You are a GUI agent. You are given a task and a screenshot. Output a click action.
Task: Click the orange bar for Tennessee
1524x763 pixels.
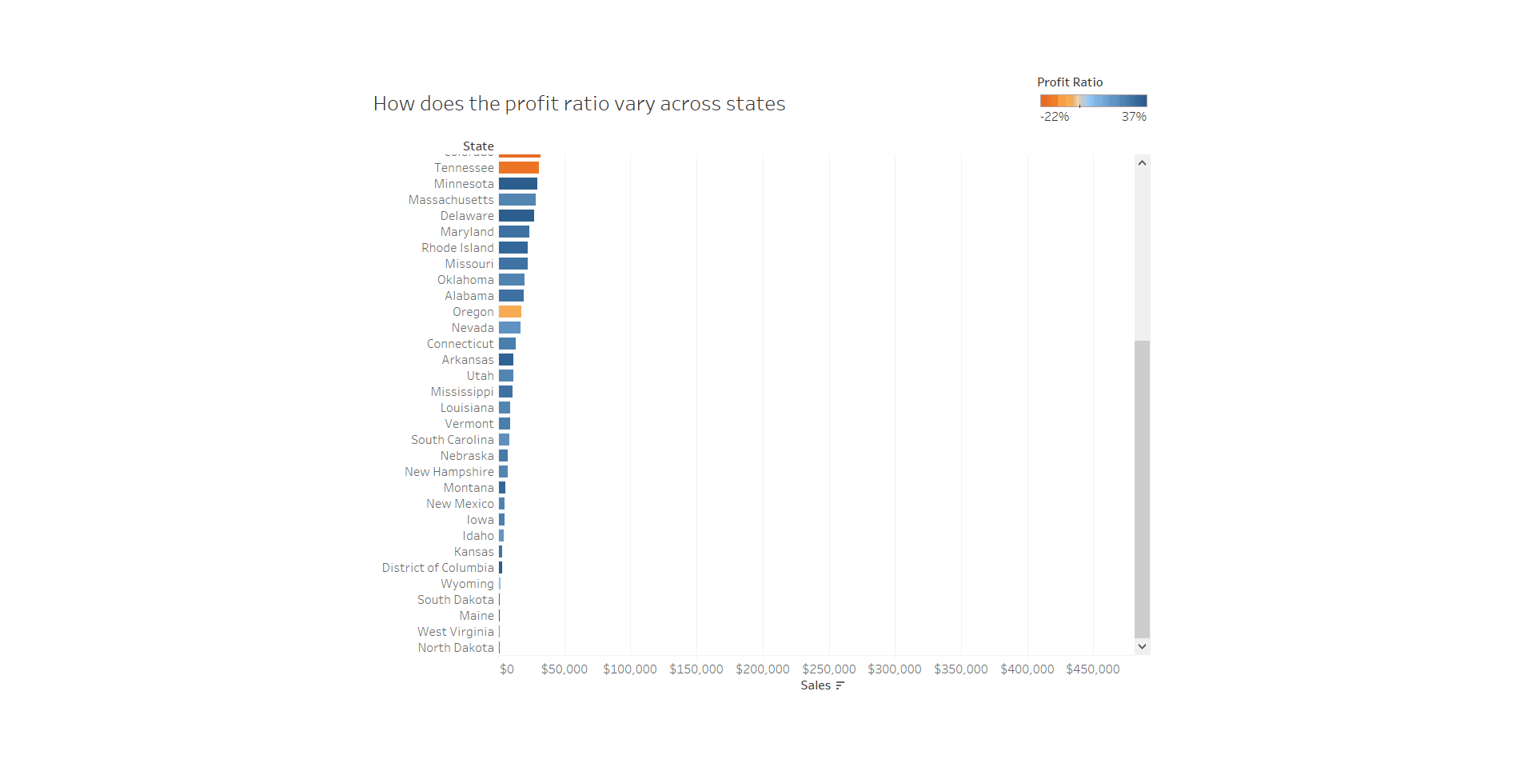point(518,168)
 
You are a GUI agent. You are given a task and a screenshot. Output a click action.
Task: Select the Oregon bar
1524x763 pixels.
point(509,312)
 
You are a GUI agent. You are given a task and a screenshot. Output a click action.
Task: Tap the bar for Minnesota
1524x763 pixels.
point(517,184)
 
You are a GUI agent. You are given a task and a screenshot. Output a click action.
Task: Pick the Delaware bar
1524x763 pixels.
point(516,216)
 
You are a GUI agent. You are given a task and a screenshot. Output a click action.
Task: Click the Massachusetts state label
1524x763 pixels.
point(451,200)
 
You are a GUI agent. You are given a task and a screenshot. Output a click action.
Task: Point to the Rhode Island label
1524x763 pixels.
point(457,248)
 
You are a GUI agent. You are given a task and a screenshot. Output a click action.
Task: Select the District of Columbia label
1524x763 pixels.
point(437,568)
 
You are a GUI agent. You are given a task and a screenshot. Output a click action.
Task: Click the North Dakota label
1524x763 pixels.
point(456,648)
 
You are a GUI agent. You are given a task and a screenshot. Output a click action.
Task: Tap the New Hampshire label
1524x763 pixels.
point(449,472)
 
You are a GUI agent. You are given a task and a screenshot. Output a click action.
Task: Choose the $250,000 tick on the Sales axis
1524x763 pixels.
point(828,669)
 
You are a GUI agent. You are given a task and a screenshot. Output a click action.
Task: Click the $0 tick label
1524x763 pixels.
point(507,669)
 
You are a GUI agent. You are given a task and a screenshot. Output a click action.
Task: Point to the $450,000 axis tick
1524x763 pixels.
point(1092,669)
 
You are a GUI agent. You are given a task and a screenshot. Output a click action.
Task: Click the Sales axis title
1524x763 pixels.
point(815,685)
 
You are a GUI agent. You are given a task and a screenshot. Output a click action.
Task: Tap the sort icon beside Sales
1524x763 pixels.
point(840,685)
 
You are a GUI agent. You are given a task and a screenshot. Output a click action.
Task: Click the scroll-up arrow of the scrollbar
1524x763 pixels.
point(1142,163)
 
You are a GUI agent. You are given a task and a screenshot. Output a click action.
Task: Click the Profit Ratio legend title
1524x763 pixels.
point(1069,82)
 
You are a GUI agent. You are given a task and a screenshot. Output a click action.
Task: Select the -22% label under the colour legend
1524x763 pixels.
point(1054,117)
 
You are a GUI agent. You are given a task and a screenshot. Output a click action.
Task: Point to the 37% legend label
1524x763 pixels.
point(1133,117)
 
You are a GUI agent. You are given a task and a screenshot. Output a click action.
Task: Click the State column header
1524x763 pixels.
point(478,146)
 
